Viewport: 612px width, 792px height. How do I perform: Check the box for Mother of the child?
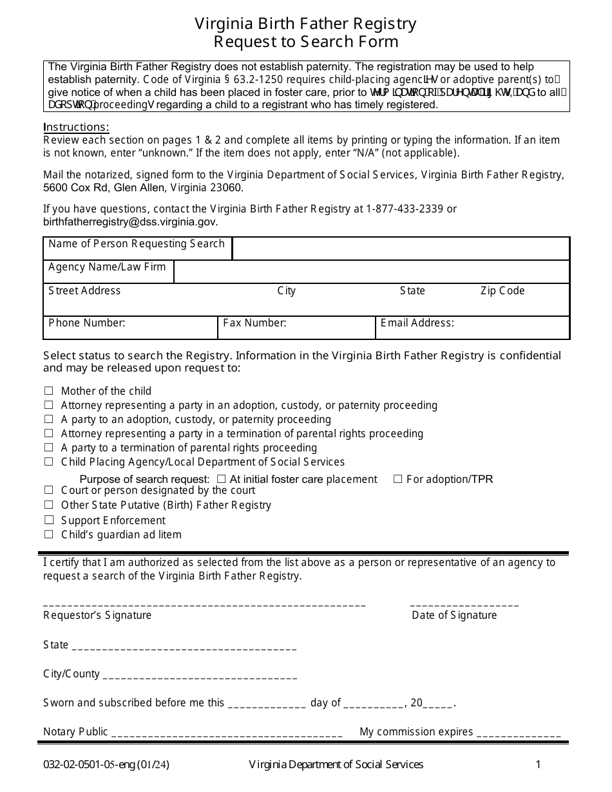coord(48,391)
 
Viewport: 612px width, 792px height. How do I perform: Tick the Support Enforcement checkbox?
coord(48,520)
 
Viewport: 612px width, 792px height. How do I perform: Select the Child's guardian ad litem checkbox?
coord(48,534)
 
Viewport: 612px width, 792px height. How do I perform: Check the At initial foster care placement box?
coord(221,479)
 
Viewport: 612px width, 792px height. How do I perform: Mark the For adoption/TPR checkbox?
coord(397,479)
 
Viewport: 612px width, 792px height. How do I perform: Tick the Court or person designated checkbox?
coord(48,491)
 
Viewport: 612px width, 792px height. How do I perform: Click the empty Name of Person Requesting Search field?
coord(400,249)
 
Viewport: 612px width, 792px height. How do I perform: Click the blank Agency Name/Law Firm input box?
coord(371,272)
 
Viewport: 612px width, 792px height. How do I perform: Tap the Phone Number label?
coord(87,323)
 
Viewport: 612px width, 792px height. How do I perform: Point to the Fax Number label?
coord(254,323)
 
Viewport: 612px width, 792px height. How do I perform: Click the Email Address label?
coord(417,323)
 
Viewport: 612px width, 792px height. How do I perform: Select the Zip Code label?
coord(502,291)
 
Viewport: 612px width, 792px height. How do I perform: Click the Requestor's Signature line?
coord(204,604)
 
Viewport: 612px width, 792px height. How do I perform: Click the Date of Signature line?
coord(464,604)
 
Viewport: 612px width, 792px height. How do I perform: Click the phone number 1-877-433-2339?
coord(405,209)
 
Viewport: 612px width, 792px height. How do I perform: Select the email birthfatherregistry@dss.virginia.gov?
coord(131,222)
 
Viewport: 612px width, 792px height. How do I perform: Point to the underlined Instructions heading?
coord(76,127)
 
